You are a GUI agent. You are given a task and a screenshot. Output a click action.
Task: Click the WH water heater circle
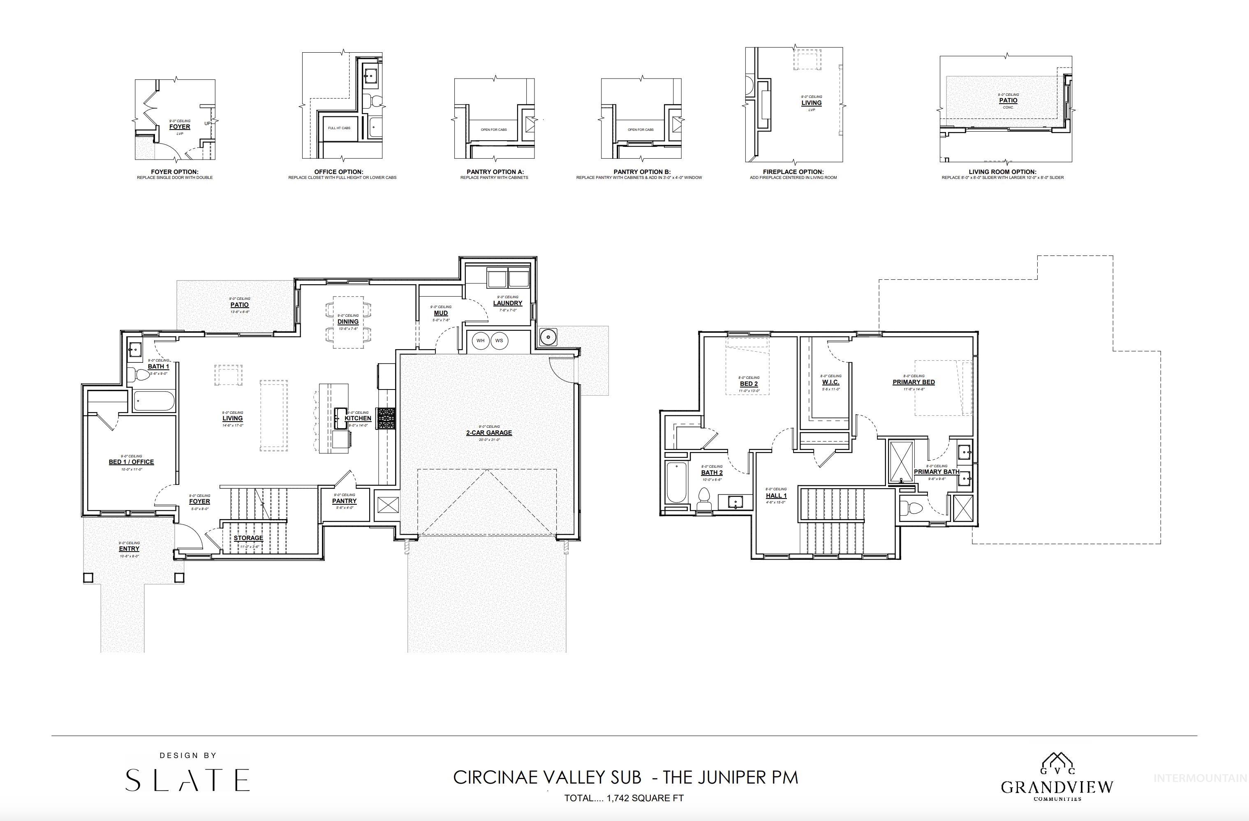(480, 341)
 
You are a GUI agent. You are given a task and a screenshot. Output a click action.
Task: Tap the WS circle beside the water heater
(499, 341)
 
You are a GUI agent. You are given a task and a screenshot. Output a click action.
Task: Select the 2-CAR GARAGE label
(488, 433)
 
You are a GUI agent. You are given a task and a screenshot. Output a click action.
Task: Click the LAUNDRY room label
(507, 303)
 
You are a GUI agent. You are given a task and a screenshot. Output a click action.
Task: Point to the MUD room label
(441, 313)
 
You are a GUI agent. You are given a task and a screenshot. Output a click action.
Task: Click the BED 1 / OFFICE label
(131, 462)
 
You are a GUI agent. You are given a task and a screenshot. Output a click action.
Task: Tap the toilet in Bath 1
(141, 375)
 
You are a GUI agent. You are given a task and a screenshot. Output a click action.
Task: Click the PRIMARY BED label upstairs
(913, 382)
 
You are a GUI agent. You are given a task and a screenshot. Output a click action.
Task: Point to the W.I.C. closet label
(831, 382)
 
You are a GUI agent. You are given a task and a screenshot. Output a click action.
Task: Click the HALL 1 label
(776, 496)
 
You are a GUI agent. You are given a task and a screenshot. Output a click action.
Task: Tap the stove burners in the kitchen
(386, 418)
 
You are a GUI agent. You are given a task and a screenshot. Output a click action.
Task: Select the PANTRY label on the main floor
(344, 501)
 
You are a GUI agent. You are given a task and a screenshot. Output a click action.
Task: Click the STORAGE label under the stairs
(248, 538)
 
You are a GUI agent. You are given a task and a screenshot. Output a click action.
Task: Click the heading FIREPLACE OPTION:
(793, 172)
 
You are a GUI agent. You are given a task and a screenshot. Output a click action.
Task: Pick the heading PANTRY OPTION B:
(642, 172)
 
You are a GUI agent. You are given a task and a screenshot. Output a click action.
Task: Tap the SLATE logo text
(187, 780)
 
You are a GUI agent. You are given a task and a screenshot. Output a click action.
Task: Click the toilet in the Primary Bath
(912, 508)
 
